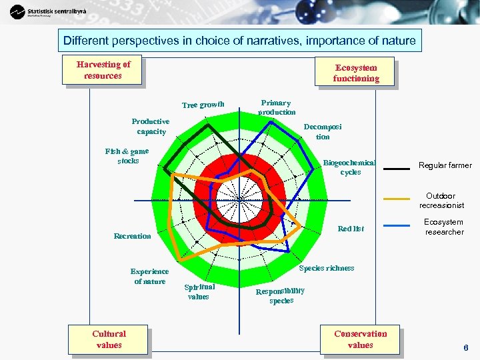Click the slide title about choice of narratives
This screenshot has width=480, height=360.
(x=239, y=41)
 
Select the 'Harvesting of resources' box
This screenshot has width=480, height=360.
(x=103, y=70)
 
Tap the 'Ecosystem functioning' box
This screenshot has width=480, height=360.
(x=356, y=73)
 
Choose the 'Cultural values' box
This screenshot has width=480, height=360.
(x=109, y=339)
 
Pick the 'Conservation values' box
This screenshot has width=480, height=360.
(x=360, y=339)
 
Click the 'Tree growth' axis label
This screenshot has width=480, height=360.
(x=203, y=105)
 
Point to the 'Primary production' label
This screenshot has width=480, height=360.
(x=276, y=107)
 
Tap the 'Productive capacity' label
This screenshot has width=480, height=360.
(x=151, y=127)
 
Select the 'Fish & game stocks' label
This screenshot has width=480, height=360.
(x=127, y=156)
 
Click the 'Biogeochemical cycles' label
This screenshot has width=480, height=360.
(x=350, y=167)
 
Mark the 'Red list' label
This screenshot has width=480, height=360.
(x=351, y=229)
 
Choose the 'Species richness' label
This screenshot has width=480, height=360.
(x=327, y=268)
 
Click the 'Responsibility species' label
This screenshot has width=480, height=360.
(x=281, y=295)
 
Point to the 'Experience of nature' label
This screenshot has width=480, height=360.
(x=150, y=277)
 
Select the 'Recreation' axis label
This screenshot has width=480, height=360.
(x=133, y=236)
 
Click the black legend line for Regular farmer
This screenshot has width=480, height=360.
(x=397, y=168)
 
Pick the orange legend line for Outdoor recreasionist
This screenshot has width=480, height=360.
(x=397, y=199)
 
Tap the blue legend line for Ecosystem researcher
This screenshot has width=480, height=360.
(x=397, y=225)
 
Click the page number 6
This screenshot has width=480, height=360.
(x=466, y=347)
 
